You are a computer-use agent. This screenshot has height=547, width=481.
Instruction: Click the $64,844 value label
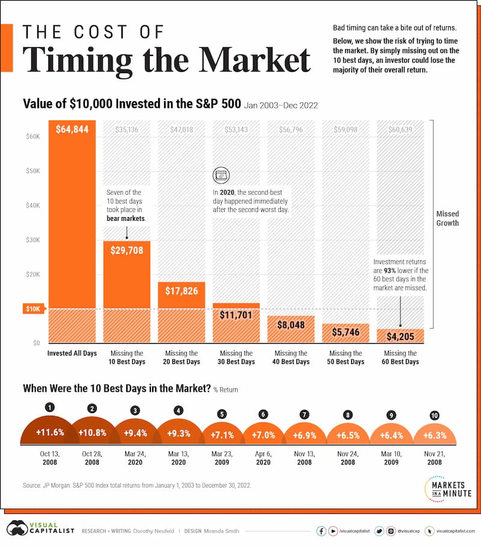point(72,129)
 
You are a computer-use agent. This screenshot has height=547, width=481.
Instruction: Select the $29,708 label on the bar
point(126,250)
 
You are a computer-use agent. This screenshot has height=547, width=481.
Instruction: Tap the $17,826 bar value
point(181,291)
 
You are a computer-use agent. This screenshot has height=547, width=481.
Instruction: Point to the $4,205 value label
point(400,336)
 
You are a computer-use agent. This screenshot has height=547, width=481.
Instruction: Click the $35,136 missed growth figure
point(126,128)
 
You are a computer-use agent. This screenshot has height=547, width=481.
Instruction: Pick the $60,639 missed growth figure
point(400,128)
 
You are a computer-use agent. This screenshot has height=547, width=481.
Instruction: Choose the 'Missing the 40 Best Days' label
point(290,357)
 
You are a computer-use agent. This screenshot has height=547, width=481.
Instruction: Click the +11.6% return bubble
point(47,432)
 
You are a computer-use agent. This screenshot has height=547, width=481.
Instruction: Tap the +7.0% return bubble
point(263,434)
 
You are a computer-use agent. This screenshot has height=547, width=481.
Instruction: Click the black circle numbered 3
point(135,410)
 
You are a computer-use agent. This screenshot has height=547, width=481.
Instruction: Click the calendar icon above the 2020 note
point(221,176)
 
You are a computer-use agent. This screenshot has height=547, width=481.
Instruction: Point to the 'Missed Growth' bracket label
point(447,218)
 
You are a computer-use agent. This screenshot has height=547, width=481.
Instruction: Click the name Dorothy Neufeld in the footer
point(153,530)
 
